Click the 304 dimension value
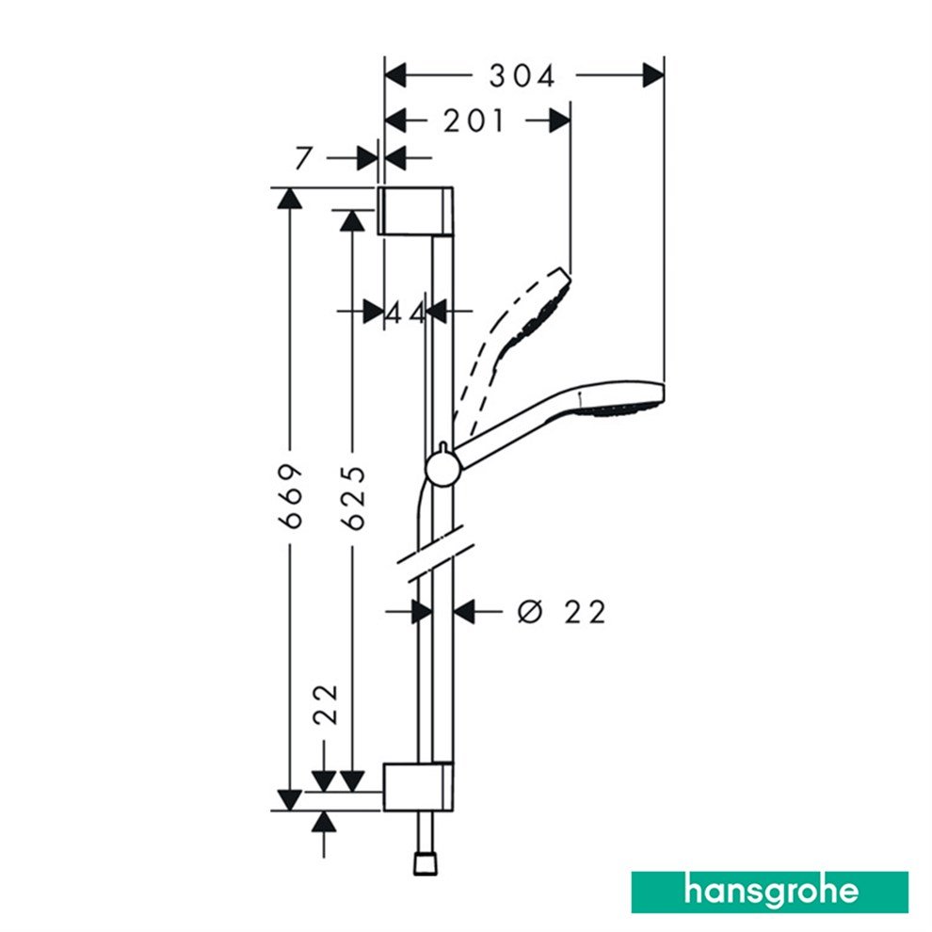[x=522, y=75]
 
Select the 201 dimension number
[x=474, y=121]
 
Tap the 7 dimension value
[x=303, y=158]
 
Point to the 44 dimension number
[x=406, y=313]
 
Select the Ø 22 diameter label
[x=562, y=612]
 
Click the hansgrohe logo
[x=769, y=892]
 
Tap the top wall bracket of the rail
[x=417, y=210]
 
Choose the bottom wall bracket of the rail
[x=417, y=786]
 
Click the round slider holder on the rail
[x=441, y=468]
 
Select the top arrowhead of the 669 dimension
[x=288, y=199]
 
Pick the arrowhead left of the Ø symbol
[x=464, y=612]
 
